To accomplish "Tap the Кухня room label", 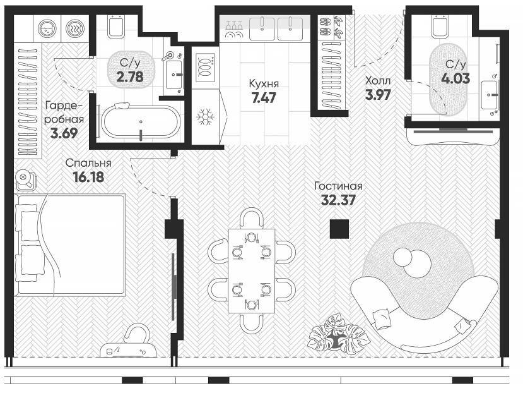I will (x=264, y=83).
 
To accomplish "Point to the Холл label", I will (x=379, y=81).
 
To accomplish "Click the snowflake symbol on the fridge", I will (x=204, y=117).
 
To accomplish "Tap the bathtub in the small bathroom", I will (x=140, y=121).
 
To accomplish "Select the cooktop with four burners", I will (x=204, y=65).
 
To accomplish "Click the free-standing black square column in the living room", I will (x=340, y=229).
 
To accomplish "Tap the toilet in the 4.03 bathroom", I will (x=440, y=26).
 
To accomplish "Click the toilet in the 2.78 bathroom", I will (x=115, y=26).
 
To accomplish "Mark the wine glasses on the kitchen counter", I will (x=234, y=27).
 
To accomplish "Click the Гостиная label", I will (x=339, y=186).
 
